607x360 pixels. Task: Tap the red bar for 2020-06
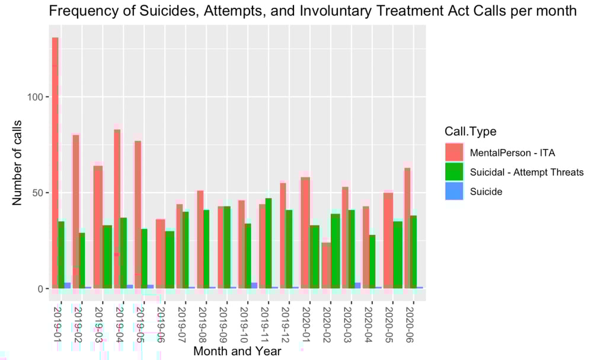(407, 228)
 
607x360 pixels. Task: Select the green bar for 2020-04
(372, 262)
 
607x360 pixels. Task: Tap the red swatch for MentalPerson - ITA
(454, 152)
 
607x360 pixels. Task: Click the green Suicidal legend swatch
(454, 172)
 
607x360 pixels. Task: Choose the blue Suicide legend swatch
(454, 191)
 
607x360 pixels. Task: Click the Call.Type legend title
(471, 131)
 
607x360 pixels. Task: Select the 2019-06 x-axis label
(160, 323)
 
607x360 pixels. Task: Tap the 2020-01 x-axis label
(305, 323)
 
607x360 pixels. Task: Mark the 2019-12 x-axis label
(285, 323)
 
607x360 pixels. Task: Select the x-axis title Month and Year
(237, 351)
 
